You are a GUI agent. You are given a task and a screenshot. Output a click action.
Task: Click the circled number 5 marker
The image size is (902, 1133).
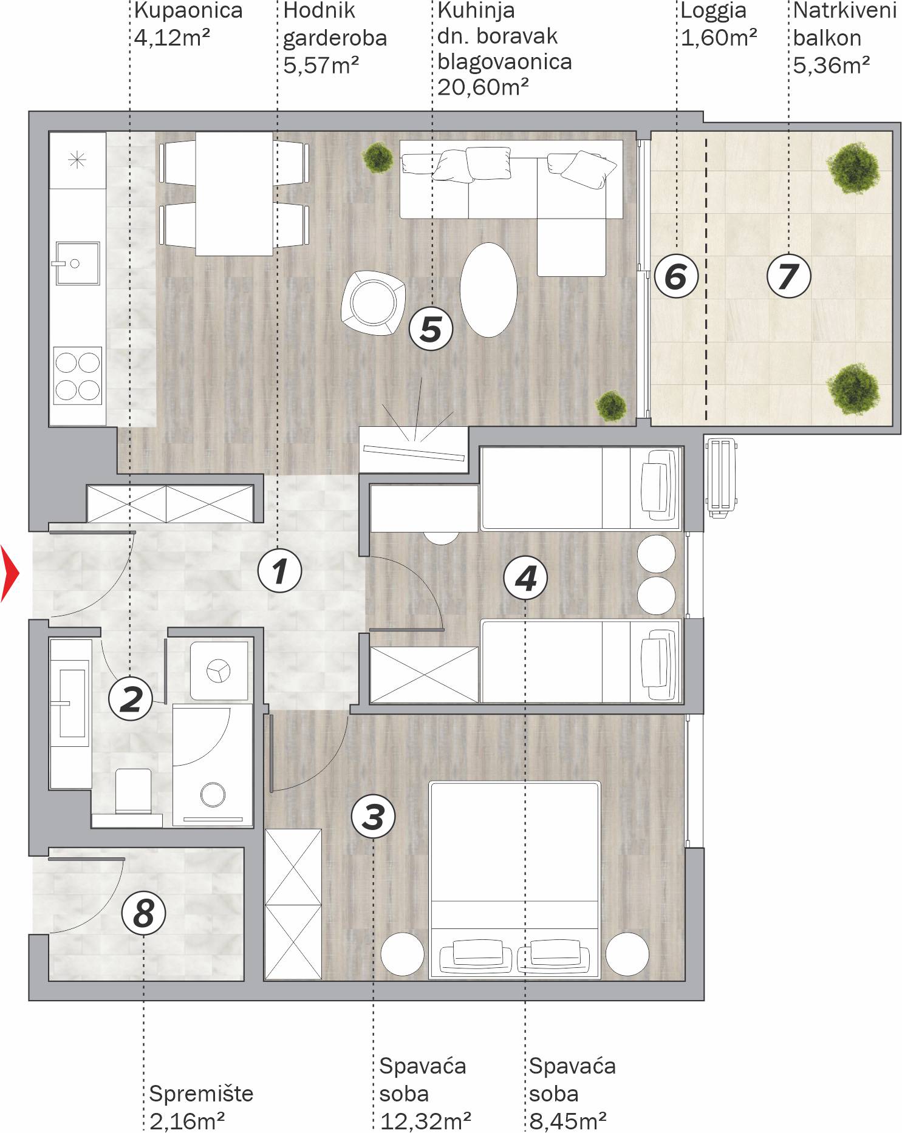[x=431, y=329]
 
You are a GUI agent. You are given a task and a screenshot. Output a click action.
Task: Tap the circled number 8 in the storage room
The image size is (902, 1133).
[x=143, y=913]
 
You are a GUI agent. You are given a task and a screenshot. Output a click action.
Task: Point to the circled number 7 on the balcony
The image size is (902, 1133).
[x=788, y=276]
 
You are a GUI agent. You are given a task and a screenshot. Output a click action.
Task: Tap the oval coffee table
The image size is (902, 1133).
[x=488, y=290]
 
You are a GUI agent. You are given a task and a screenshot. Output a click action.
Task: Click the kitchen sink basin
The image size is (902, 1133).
[x=78, y=263]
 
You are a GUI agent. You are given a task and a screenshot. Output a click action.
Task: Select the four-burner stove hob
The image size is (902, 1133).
[x=78, y=375]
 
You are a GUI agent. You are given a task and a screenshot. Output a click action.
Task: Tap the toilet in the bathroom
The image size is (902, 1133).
[x=133, y=791]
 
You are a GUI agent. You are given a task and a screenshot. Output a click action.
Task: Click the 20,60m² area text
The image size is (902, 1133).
[x=483, y=87]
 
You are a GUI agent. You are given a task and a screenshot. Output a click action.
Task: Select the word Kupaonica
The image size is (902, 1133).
[x=188, y=11]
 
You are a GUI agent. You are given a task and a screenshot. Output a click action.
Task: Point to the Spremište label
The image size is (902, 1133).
[x=201, y=1094]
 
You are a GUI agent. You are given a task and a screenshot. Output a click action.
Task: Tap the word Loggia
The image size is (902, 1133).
[x=713, y=12]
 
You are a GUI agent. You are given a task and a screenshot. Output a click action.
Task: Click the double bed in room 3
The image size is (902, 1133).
[x=514, y=880]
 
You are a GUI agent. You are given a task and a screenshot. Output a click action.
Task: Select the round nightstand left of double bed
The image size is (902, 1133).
[x=402, y=954]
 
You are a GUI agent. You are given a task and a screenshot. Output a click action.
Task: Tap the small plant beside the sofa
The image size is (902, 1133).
[x=378, y=157]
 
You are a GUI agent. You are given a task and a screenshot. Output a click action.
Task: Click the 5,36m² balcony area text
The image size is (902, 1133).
[x=832, y=64]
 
